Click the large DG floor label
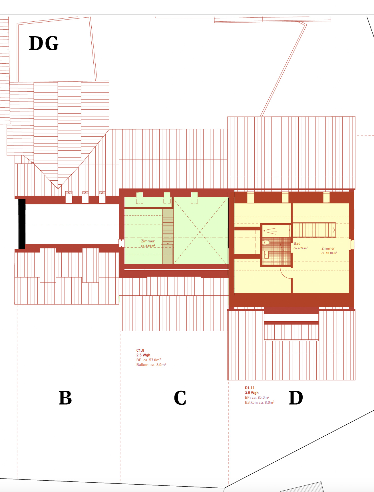coord(44,43)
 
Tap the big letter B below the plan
coord(65,398)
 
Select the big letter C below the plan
coord(180,398)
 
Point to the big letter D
coord(296,398)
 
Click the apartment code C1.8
coord(140,350)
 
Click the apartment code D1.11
coord(250,388)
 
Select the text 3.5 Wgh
coord(252,393)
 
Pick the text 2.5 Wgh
coord(143,355)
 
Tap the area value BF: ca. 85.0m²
coord(257,397)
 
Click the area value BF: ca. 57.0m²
coord(148,360)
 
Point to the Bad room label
coord(297,243)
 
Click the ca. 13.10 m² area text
coord(329,253)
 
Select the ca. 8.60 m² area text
coord(148,246)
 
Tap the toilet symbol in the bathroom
coord(267,243)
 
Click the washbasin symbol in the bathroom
coord(266,255)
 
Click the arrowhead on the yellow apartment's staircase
coord(334,230)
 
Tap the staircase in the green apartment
coord(168,236)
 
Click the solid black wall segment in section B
coord(22,224)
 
